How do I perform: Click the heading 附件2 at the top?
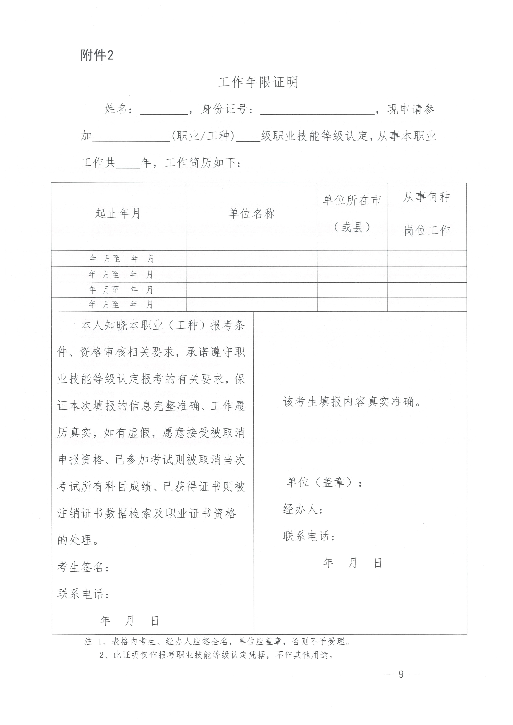[97, 56]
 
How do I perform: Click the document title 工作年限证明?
[258, 83]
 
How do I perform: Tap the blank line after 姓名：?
[164, 110]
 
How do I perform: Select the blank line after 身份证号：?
[317, 110]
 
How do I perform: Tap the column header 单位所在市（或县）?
[352, 213]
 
